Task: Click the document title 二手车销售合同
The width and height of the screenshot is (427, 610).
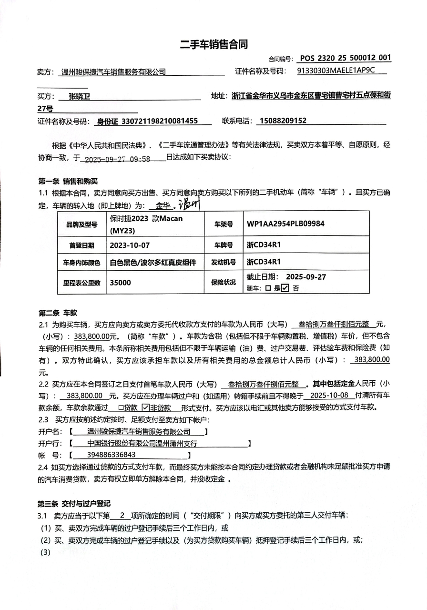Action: click(x=213, y=44)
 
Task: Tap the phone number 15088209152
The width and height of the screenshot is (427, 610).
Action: click(x=284, y=121)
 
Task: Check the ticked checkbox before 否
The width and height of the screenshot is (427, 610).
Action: click(x=285, y=288)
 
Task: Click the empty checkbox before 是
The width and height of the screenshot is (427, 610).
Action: click(x=268, y=288)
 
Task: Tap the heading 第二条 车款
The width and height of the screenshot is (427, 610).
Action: click(x=58, y=313)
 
